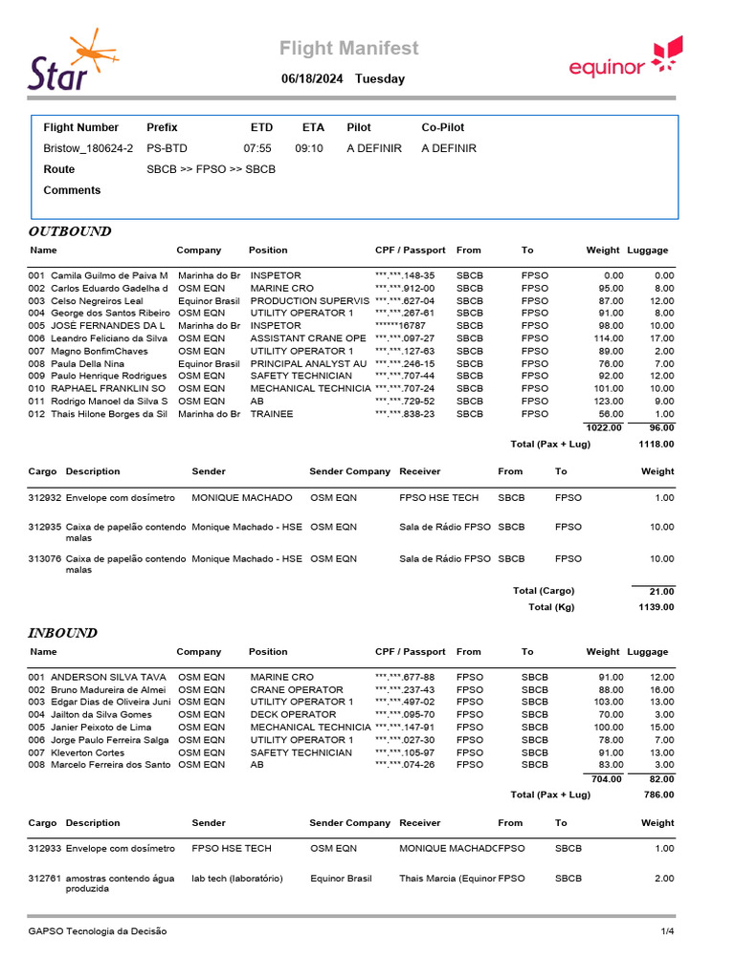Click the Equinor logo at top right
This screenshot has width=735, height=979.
click(625, 58)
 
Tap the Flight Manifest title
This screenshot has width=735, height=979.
click(348, 49)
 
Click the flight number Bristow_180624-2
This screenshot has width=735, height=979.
click(88, 148)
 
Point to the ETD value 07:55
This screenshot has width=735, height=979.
click(257, 148)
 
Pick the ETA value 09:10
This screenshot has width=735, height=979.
click(309, 148)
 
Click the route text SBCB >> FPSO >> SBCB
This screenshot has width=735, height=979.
click(211, 169)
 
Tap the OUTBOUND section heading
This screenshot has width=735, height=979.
click(70, 231)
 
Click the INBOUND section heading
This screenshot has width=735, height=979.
click(62, 633)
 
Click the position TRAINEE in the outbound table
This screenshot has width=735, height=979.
click(272, 414)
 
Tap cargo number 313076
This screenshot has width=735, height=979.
click(45, 558)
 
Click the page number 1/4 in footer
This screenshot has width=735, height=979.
click(667, 930)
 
